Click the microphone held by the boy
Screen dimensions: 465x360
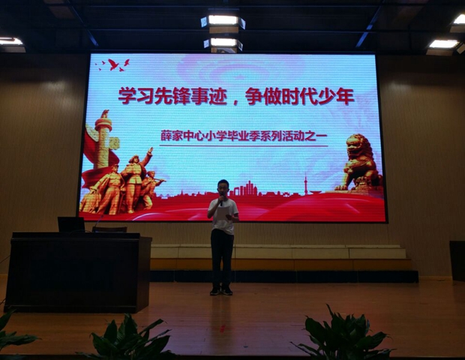(221, 201)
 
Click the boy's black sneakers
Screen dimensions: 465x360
(221, 290)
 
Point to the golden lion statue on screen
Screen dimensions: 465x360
(359, 163)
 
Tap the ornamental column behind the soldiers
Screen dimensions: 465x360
(103, 139)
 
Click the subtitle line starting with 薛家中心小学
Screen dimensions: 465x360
(244, 136)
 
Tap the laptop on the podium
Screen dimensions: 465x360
(71, 224)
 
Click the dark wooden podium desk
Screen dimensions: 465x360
(78, 271)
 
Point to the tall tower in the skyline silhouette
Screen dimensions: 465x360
(305, 184)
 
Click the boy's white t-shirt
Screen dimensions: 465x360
(223, 216)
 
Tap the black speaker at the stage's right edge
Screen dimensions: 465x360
(457, 261)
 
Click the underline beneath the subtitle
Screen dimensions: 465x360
(244, 145)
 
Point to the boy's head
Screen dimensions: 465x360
(223, 187)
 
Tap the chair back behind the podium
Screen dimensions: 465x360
(109, 229)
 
